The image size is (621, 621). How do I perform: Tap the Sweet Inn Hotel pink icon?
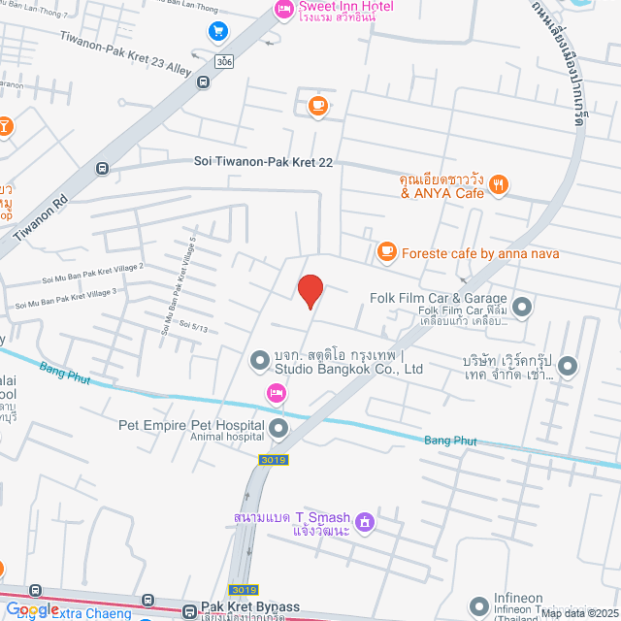283,11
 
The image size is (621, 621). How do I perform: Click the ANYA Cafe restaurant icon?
499,183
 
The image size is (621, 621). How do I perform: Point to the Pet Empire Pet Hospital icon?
278,428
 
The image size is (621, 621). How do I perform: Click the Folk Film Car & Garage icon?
523,308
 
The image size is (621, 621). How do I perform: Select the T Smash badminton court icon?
365,522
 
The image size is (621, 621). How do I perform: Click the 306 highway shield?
224,60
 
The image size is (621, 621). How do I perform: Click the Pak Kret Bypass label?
250,607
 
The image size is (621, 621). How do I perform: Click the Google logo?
31,608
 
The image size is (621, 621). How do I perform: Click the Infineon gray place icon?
479,607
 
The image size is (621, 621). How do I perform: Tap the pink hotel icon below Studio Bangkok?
277,392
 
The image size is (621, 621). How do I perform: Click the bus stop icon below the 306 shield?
203,82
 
